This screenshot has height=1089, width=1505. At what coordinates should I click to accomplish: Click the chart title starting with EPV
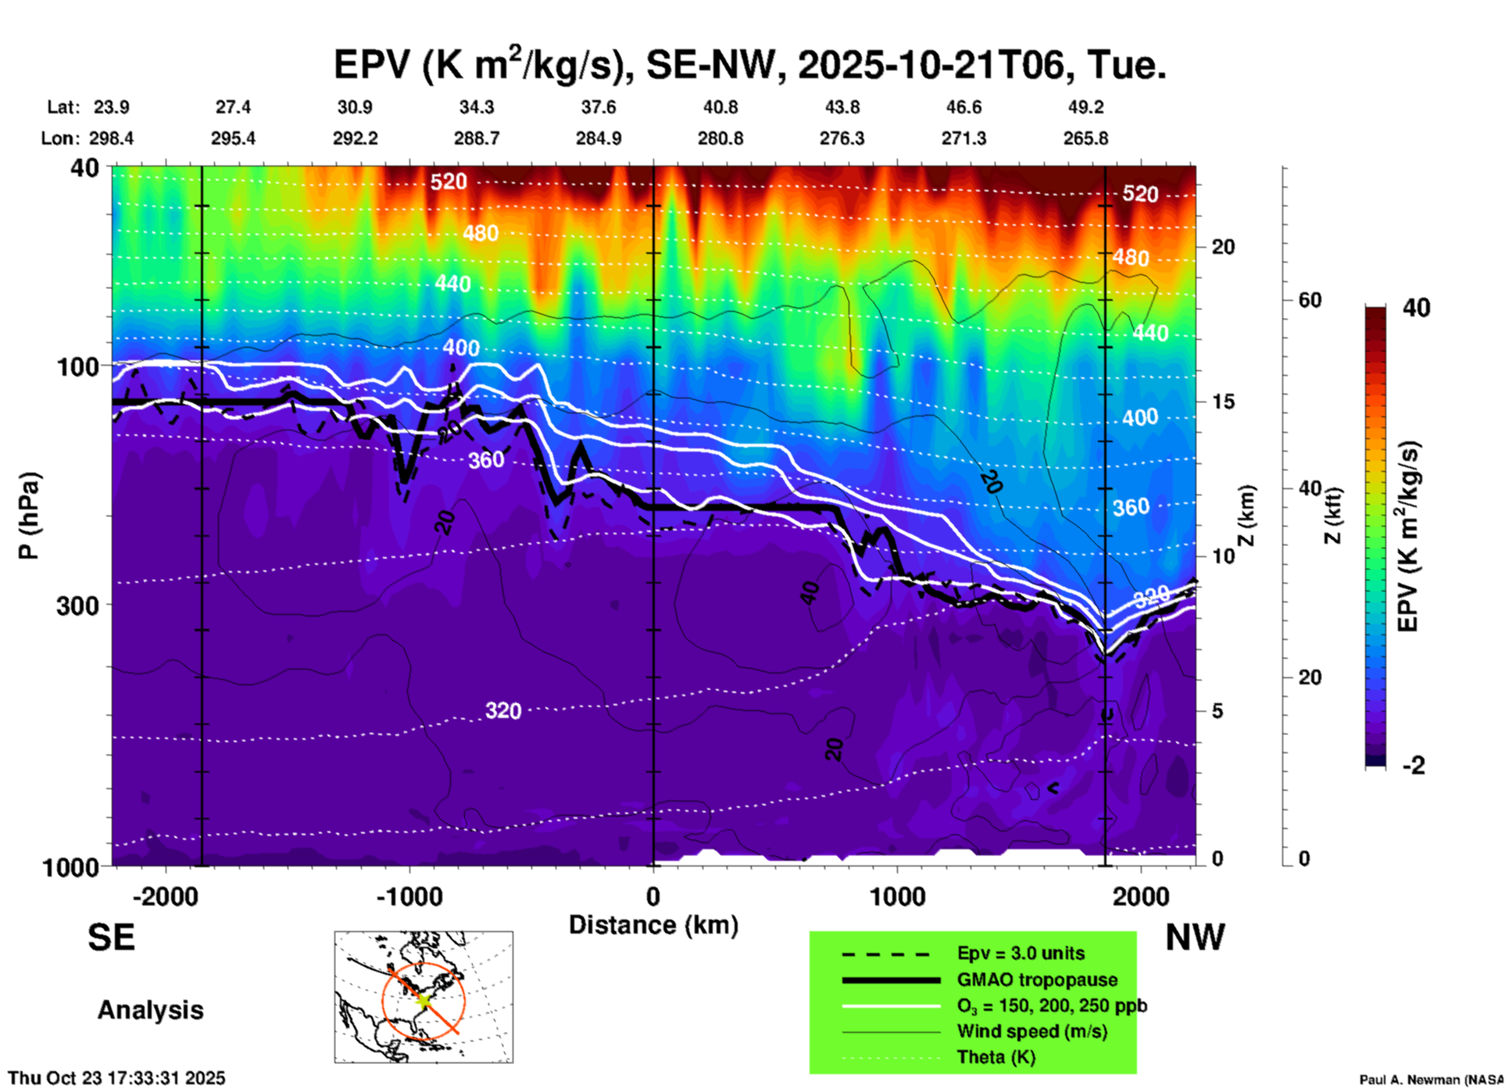pyautogui.click(x=749, y=65)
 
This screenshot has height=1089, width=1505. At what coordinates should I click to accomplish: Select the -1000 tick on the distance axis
pyautogui.click(x=409, y=897)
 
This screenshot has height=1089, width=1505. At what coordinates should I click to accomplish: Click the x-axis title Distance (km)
pyautogui.click(x=653, y=925)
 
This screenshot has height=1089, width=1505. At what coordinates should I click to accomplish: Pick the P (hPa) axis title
pyautogui.click(x=29, y=516)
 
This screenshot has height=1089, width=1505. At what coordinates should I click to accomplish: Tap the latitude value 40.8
pyautogui.click(x=720, y=107)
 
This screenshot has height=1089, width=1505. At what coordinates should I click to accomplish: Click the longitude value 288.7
pyautogui.click(x=477, y=138)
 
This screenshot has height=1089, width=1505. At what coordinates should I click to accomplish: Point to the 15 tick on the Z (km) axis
pyautogui.click(x=1223, y=402)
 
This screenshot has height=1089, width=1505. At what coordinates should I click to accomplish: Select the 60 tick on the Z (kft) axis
pyautogui.click(x=1310, y=300)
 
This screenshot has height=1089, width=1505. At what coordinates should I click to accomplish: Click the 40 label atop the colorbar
pyautogui.click(x=1416, y=308)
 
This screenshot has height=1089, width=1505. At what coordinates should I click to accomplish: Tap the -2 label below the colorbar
pyautogui.click(x=1414, y=766)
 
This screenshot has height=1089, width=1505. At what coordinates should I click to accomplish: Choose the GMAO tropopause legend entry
pyautogui.click(x=1037, y=980)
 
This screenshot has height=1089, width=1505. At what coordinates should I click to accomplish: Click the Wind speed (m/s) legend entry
pyautogui.click(x=1031, y=1031)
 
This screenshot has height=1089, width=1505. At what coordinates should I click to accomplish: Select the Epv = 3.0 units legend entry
pyautogui.click(x=1021, y=954)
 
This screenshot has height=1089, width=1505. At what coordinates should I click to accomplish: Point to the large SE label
pyautogui.click(x=111, y=937)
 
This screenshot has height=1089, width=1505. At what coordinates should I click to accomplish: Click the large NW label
pyautogui.click(x=1195, y=937)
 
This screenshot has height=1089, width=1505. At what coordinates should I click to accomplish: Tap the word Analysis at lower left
pyautogui.click(x=150, y=1010)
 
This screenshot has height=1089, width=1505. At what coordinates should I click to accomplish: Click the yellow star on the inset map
pyautogui.click(x=424, y=999)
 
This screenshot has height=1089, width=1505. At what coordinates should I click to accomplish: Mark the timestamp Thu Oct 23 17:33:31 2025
pyautogui.click(x=116, y=1078)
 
